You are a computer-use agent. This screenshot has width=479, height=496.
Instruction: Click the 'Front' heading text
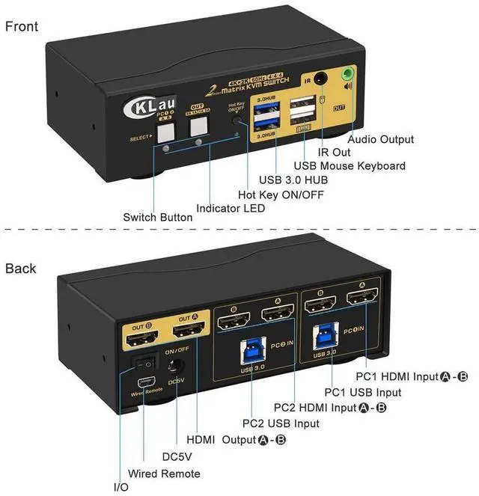(x=22, y=26)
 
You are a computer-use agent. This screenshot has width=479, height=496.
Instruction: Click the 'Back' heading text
(x=21, y=268)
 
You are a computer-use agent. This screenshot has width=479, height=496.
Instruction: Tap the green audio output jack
(x=347, y=76)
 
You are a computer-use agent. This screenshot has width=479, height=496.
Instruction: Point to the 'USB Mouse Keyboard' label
(x=350, y=165)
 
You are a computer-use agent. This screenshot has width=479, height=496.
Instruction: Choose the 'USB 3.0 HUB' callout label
(x=293, y=179)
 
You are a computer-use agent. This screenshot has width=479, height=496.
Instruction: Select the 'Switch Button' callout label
(x=158, y=218)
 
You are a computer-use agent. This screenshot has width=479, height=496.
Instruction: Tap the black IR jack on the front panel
(x=323, y=78)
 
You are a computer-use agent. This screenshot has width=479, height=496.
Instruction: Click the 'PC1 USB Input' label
(x=362, y=391)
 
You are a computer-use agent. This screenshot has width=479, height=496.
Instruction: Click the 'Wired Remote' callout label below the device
(x=164, y=473)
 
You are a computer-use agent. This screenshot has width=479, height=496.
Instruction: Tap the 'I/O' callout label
(x=120, y=487)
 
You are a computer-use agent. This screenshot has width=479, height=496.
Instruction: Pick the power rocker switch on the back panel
(x=144, y=365)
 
